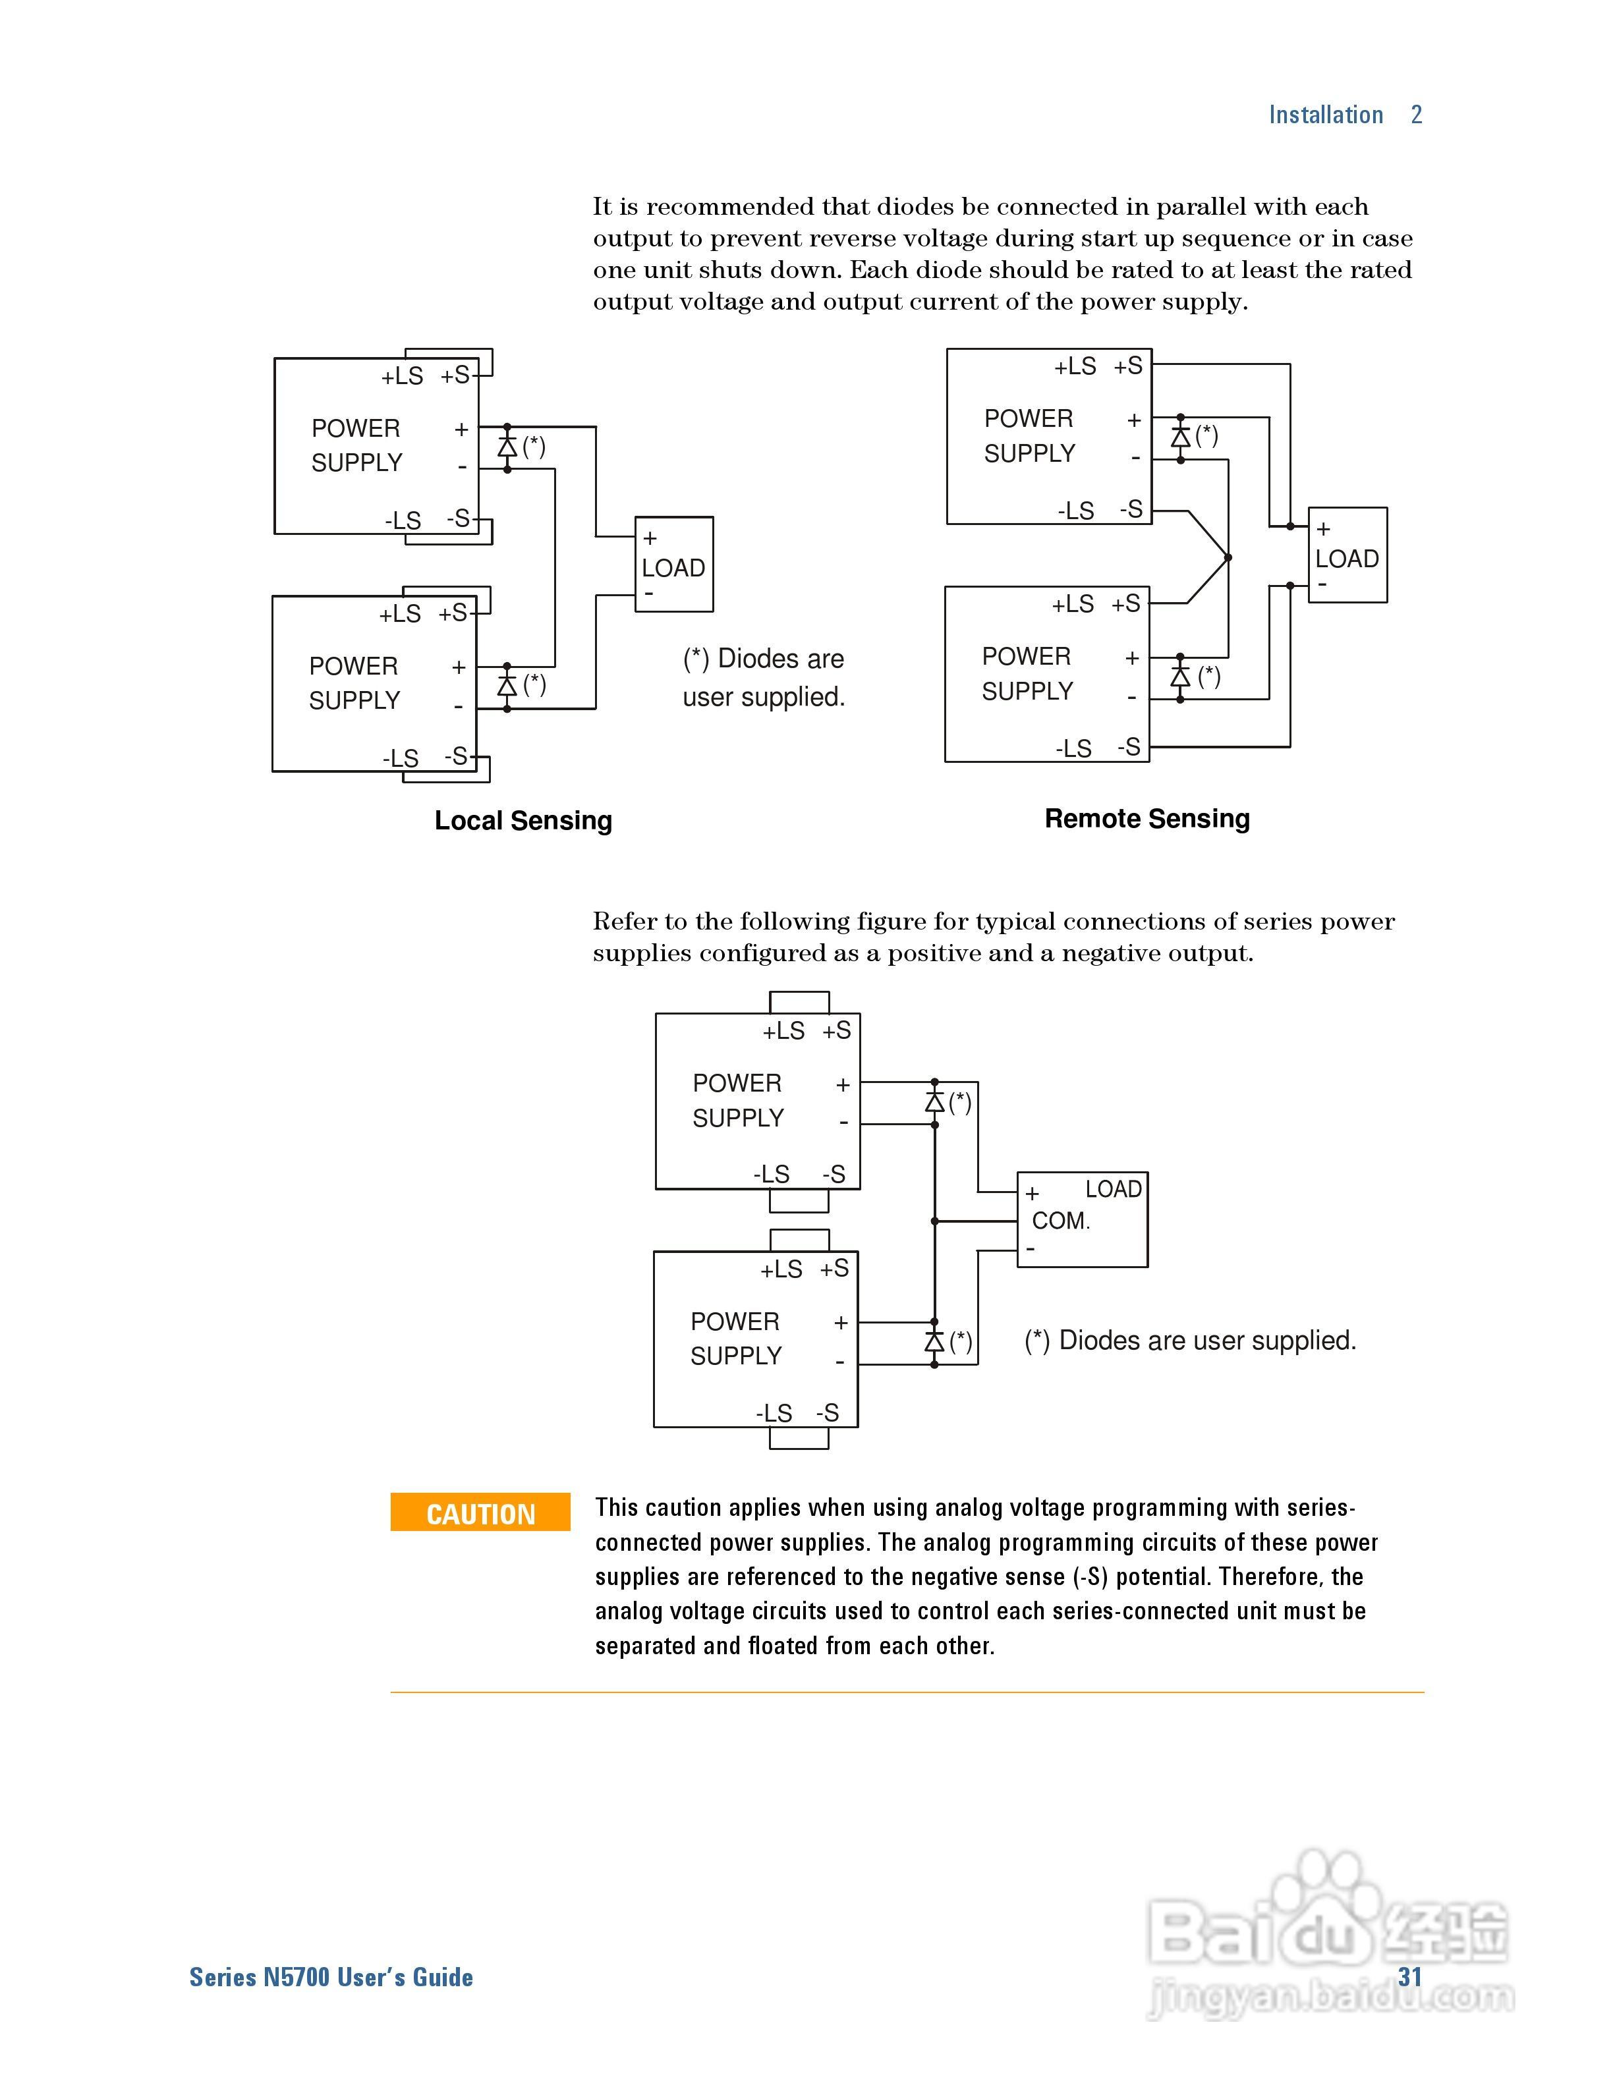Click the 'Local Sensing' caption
(523, 821)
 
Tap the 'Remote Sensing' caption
(1146, 819)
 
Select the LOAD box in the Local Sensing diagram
(673, 565)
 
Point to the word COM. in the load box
(1061, 1220)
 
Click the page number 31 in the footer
(1409, 1977)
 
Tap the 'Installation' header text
(1325, 115)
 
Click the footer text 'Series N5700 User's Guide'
(331, 1977)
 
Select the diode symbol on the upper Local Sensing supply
(507, 446)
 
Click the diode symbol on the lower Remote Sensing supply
(1180, 677)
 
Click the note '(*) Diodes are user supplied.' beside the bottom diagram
(1190, 1341)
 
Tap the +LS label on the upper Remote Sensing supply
(1075, 367)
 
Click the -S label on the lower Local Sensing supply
(456, 757)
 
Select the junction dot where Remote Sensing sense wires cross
(1228, 557)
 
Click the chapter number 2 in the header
(1416, 115)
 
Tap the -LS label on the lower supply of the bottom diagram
(774, 1413)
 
